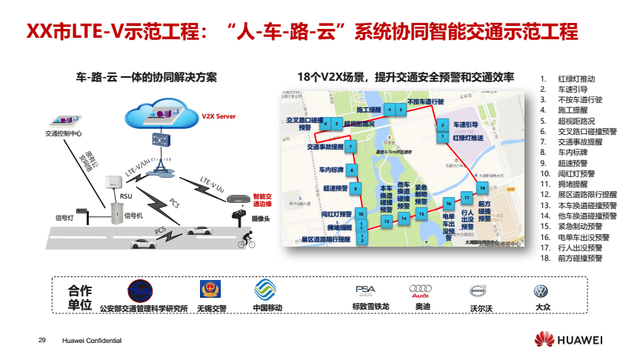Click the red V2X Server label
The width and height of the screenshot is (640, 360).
[219, 116]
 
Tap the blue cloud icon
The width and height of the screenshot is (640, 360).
[159, 114]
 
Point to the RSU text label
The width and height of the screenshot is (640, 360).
[126, 197]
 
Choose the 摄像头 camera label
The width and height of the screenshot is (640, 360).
[260, 219]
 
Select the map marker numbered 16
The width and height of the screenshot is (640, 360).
[447, 203]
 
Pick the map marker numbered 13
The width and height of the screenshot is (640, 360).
[387, 220]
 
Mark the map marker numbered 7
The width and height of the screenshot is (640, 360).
[350, 147]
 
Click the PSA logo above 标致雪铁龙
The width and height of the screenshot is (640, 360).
[366, 290]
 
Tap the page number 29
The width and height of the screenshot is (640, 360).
[42, 339]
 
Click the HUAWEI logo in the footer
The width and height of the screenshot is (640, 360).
[569, 339]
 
